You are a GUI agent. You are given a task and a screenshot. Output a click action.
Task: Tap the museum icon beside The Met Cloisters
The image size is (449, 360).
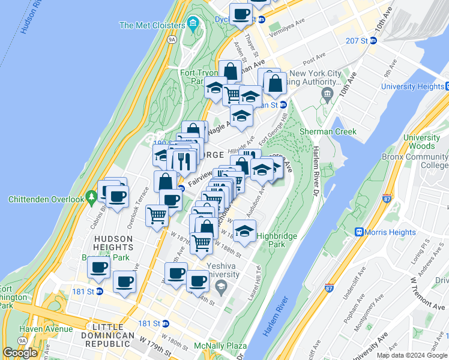pos(193,25)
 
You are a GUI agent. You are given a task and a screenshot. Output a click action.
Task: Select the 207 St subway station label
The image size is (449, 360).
pos(357,40)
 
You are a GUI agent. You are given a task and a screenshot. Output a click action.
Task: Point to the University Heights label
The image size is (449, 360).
pos(414,86)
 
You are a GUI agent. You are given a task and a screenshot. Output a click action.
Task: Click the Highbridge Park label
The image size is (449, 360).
pos(277,240)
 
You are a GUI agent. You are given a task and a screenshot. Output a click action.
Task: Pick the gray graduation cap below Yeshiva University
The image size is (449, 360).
pos(221,286)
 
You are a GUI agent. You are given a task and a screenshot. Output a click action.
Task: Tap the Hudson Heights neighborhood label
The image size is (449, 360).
pos(113,242)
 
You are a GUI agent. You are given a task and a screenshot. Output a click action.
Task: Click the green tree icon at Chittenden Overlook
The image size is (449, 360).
pos(91,196)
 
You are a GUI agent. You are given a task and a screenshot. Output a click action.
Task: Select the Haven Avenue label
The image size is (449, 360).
pos(46,329)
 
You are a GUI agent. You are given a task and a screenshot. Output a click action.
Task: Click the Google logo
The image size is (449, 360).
pos(20,353)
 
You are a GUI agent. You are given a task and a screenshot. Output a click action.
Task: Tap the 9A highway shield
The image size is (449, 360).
pos(172,40)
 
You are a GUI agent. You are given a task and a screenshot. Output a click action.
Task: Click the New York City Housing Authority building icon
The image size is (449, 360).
pos(327,94)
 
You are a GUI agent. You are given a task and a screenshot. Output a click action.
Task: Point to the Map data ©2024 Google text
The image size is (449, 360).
pos(411,355)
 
